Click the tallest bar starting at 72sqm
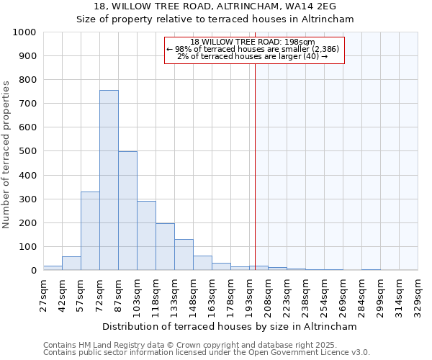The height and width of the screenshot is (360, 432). [109, 180]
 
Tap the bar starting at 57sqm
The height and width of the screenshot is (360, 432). [90, 230]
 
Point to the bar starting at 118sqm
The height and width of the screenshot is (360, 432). [165, 247]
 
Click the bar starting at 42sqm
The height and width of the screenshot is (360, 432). [71, 264]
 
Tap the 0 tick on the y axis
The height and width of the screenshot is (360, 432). [33, 271]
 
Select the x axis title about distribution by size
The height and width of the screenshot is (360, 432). [230, 326]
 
